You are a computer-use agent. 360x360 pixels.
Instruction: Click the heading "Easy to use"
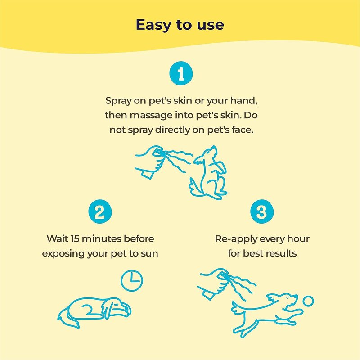pos(180,25)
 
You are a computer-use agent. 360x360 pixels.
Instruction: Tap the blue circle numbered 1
pos(181,74)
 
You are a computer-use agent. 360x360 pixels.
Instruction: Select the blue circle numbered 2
pos(100,211)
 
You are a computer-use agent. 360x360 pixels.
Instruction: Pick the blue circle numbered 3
pos(261,211)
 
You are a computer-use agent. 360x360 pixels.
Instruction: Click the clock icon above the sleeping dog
pos(131,280)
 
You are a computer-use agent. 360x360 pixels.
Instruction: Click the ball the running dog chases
pos(308,301)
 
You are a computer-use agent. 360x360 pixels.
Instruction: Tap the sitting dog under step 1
pos(208,173)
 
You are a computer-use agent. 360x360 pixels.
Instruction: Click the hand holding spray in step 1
pos(151,160)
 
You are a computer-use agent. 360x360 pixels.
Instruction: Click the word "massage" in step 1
pos(149,115)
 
